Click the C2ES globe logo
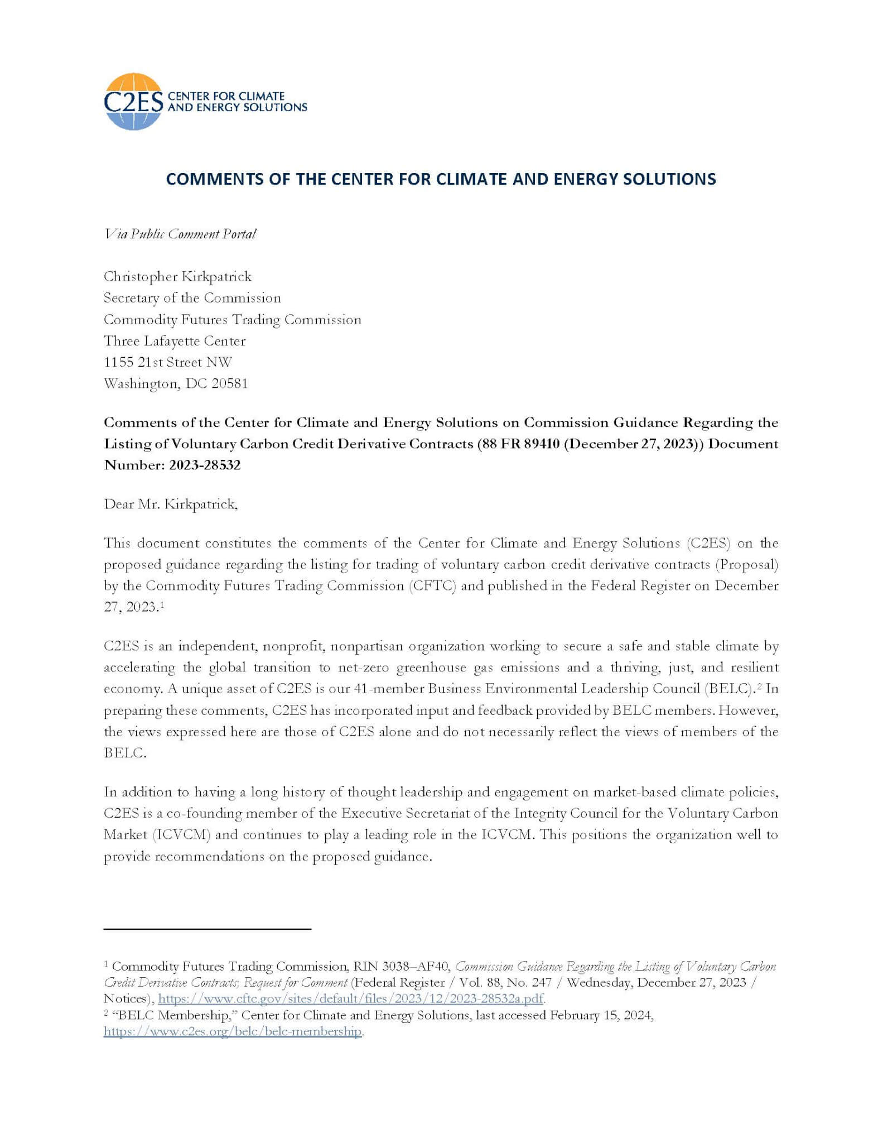pyautogui.click(x=133, y=102)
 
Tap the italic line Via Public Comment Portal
pyautogui.click(x=180, y=234)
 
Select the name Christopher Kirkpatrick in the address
pyautogui.click(x=177, y=277)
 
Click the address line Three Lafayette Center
pyautogui.click(x=175, y=341)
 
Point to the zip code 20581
pyautogui.click(x=229, y=384)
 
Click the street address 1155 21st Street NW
pyautogui.click(x=167, y=362)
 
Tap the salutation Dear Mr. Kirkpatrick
pyautogui.click(x=171, y=505)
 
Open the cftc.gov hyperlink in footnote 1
pyautogui.click(x=351, y=998)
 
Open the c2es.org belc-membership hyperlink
pyautogui.click(x=233, y=1031)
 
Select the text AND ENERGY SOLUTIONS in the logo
pyautogui.click(x=237, y=107)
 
